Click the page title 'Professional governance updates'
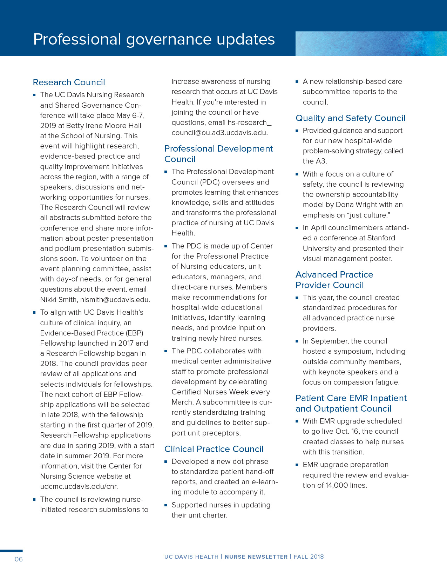tap(154, 39)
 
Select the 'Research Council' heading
tap(69, 82)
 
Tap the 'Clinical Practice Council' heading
tap(214, 449)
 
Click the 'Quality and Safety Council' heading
tap(350, 118)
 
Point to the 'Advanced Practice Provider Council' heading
tap(334, 280)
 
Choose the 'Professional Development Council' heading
tap(218, 154)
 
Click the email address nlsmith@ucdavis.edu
tap(115, 300)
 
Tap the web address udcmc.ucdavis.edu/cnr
tap(79, 486)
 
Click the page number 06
tap(19, 559)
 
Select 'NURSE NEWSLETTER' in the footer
tap(256, 557)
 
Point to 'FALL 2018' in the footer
tap(309, 557)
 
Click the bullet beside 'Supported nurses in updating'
tap(166, 505)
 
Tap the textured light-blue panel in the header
tap(371, 44)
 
